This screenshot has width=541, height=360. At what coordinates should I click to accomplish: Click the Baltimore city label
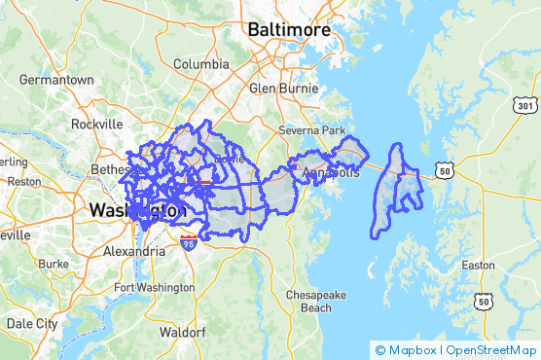tap(288, 30)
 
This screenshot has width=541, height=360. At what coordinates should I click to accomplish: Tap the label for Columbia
tap(201, 64)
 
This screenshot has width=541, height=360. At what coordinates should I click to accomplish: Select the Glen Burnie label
tap(284, 88)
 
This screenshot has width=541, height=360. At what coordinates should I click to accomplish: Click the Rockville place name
tap(96, 125)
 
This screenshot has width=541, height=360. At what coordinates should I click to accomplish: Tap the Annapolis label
tap(331, 173)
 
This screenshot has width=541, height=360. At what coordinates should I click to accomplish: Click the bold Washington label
tap(137, 210)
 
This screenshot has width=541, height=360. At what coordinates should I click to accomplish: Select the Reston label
tap(23, 181)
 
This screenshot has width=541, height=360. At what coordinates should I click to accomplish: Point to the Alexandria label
tap(133, 251)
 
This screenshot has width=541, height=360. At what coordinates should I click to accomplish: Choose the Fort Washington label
tap(154, 287)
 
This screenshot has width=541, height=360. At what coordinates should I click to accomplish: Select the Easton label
tap(477, 265)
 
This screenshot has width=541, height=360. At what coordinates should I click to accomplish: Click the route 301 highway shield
tap(525, 104)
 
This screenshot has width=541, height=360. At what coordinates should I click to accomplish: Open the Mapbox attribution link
tap(409, 349)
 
